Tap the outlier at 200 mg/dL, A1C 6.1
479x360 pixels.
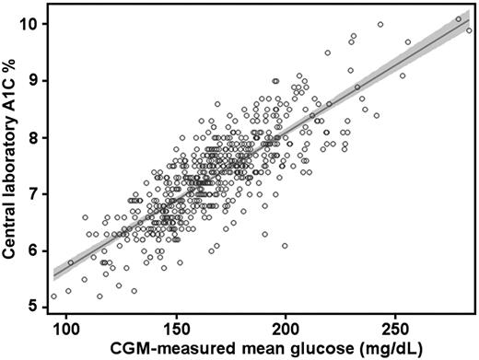click(285, 246)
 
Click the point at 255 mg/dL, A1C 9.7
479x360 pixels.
click(407, 42)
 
